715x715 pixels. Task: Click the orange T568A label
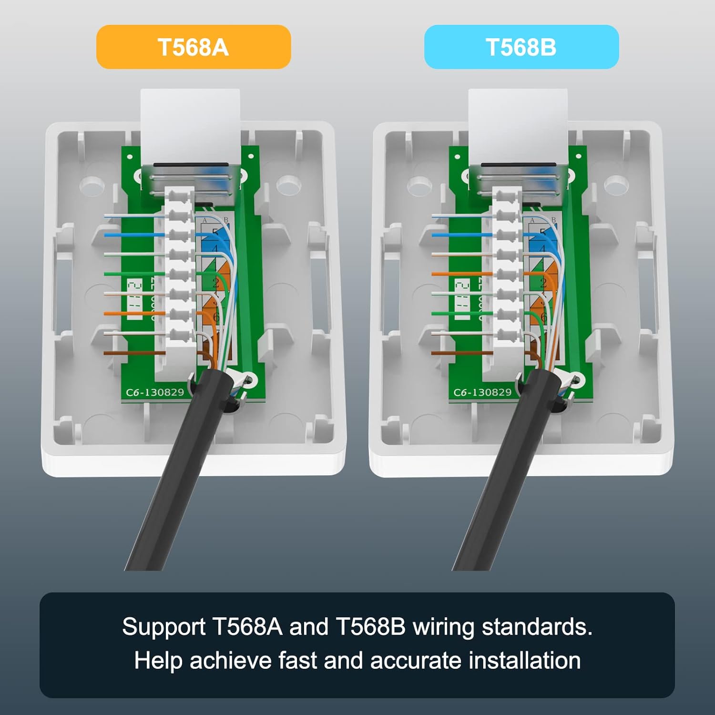[x=194, y=47]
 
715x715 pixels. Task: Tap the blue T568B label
[x=521, y=47]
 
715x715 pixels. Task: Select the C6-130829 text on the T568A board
[x=154, y=392]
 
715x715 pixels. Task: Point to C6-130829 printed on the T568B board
[x=482, y=392]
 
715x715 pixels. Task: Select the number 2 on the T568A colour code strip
[x=215, y=283]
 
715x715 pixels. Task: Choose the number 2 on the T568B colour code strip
[x=543, y=283]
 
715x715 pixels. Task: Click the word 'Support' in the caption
[x=163, y=627]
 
